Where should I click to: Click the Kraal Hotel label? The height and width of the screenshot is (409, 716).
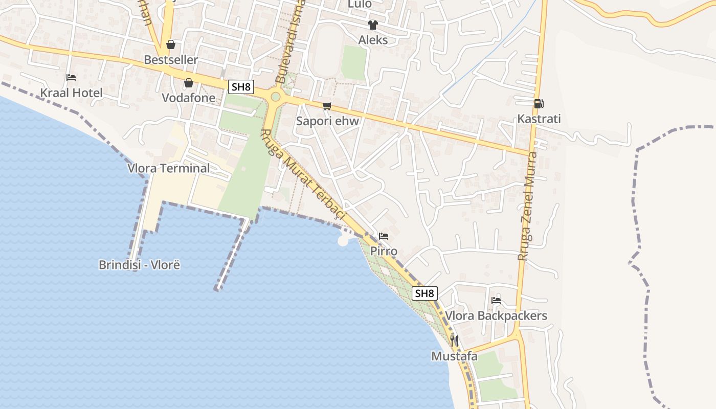[x=71, y=93]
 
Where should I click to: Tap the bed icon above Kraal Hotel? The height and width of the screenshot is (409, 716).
[x=71, y=78]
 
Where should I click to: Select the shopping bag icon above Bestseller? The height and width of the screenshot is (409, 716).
[x=171, y=44]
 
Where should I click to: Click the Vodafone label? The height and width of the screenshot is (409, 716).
[x=188, y=98]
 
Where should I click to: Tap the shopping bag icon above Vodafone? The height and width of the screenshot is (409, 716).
[x=189, y=82]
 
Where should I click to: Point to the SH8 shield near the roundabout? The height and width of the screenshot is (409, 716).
[x=241, y=87]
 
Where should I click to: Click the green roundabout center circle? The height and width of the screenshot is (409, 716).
[x=276, y=97]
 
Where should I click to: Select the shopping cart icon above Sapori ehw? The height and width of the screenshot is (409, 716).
[x=327, y=106]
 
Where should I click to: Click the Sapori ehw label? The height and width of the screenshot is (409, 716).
[x=327, y=121]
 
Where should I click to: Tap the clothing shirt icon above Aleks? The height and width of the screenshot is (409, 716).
[x=372, y=25]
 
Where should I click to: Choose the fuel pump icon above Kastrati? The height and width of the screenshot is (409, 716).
[x=539, y=104]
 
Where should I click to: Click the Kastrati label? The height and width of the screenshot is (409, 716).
[x=539, y=119]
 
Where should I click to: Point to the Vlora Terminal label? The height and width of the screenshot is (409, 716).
[x=168, y=168]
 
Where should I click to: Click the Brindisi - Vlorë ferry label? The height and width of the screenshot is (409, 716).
[x=139, y=265]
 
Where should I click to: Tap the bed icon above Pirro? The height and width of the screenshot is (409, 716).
[x=384, y=236]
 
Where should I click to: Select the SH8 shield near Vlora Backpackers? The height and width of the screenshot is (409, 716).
[x=424, y=293]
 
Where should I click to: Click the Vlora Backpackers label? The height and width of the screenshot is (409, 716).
[x=496, y=315]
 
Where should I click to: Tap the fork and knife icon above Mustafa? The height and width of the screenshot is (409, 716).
[x=454, y=340]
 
